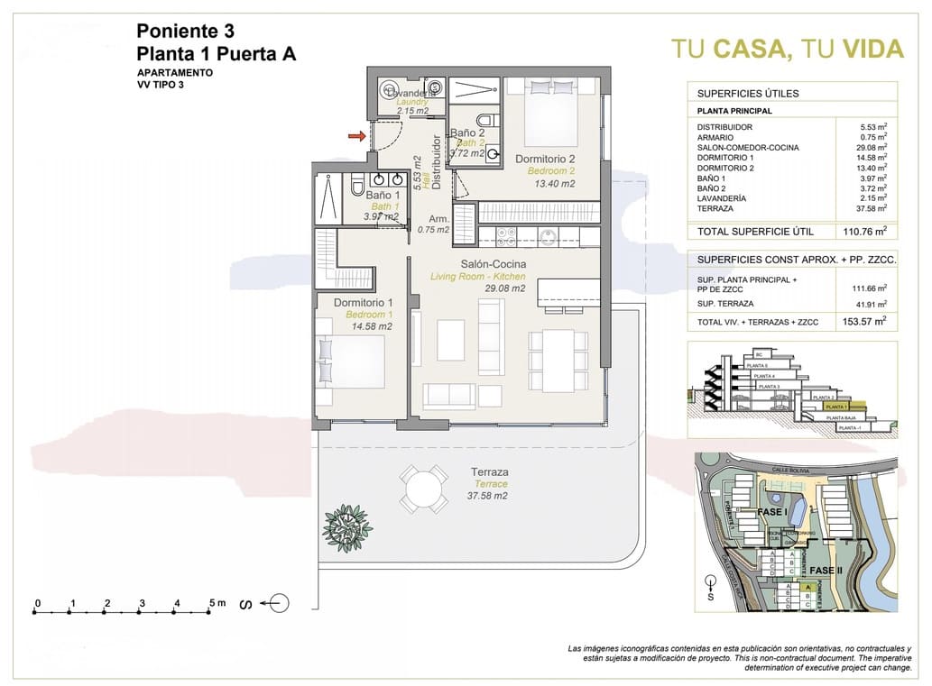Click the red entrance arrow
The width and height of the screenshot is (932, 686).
click(x=357, y=136)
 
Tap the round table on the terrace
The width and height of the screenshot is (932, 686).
click(x=423, y=489)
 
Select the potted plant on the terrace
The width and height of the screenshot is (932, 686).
click(x=347, y=526)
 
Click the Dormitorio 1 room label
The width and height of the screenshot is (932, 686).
click(x=363, y=303)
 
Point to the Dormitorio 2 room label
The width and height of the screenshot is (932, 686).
click(x=545, y=160)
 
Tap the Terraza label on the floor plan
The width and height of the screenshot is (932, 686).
click(x=490, y=471)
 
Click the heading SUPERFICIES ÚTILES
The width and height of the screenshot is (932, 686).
click(x=748, y=93)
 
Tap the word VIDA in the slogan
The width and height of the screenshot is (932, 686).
click(x=872, y=49)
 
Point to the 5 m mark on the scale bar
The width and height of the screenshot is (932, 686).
click(x=212, y=603)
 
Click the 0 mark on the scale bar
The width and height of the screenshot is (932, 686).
click(x=37, y=603)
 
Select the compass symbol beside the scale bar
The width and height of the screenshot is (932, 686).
click(x=279, y=603)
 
